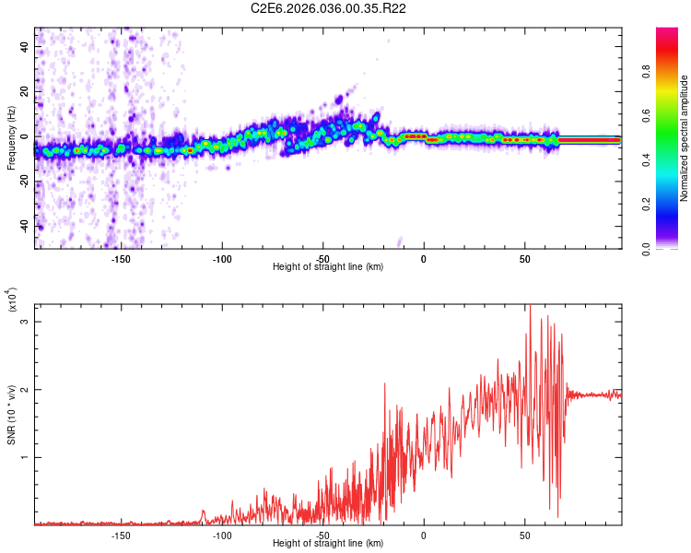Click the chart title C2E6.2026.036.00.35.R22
(329, 9)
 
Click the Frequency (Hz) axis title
(11, 138)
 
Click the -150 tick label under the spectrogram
(120, 258)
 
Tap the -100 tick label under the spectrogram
(221, 258)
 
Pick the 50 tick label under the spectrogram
(524, 258)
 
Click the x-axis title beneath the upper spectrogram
(328, 267)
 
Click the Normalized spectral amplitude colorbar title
(685, 138)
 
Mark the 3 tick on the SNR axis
(26, 321)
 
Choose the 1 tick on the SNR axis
(26, 457)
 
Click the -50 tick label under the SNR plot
(322, 535)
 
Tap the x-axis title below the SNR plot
(328, 544)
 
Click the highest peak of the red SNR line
(530, 306)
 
